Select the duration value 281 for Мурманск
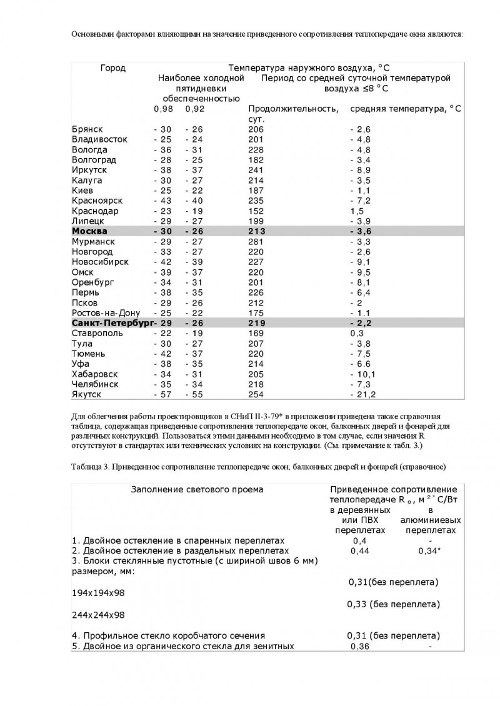point(256,241)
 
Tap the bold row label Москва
point(90,231)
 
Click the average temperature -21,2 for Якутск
point(363,394)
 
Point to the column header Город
point(113,68)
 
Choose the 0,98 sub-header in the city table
point(163,109)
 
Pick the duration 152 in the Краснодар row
point(256,211)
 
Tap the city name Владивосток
point(99,139)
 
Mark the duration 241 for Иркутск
point(256,170)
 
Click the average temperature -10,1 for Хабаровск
point(363,374)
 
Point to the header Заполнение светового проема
point(197,489)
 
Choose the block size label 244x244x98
point(98,615)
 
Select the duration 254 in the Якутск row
point(256,394)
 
